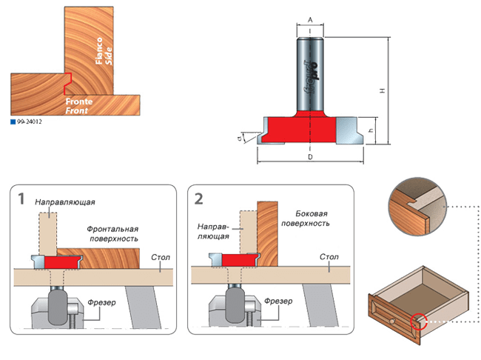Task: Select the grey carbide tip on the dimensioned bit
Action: click(348, 132)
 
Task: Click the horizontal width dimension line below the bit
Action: click(310, 158)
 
